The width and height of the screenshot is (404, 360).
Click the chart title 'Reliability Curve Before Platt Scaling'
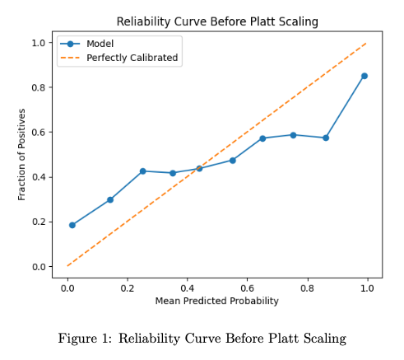217,21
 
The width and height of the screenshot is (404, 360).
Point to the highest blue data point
365,76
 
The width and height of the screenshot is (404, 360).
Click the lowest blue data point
72,225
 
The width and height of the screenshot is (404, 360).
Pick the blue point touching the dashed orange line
199,168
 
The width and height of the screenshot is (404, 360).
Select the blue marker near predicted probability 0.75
293,135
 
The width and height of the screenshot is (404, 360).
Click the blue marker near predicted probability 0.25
142,171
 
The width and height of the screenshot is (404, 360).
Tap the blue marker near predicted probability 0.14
110,199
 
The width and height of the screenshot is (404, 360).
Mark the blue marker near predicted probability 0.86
326,138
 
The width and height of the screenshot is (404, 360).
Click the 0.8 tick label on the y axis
39,87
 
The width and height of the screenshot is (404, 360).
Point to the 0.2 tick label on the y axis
39,222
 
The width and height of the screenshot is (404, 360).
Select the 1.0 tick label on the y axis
39,43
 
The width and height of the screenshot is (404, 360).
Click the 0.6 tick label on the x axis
247,288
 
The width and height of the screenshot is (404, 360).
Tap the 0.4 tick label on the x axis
188,288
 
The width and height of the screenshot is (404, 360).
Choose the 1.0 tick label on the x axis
367,288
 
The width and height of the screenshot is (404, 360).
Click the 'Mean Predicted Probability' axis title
217,301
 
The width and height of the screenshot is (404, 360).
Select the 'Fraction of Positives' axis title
21,155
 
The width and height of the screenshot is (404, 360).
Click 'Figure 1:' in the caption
85,339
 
